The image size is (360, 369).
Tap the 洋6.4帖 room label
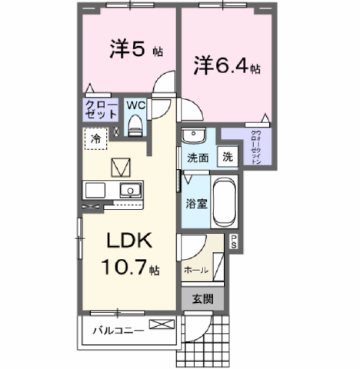tap(226, 66)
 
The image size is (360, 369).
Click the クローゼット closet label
tap(101, 108)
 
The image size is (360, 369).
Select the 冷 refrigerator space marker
tap(96, 139)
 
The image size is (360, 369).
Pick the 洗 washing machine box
tap(228, 156)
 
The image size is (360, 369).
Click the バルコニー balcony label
tap(115, 331)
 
